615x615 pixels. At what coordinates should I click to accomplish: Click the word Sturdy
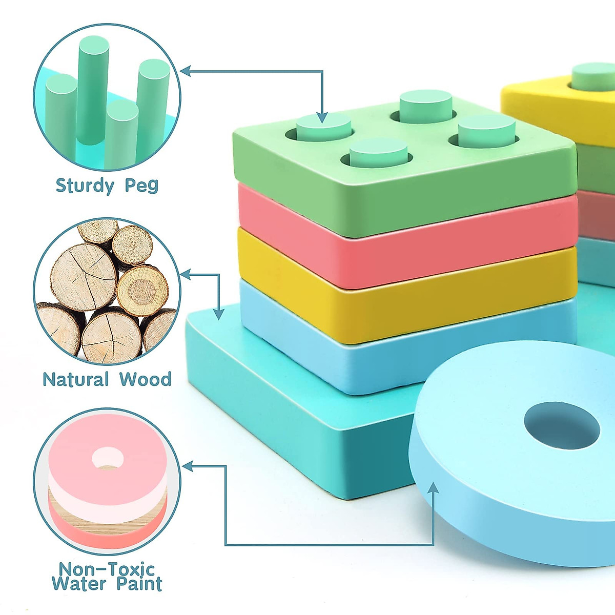click(x=84, y=185)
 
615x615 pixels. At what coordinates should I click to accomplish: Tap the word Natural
click(x=75, y=380)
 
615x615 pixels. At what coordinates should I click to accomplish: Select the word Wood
click(x=145, y=380)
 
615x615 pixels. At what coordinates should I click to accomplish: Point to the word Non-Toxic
click(x=107, y=569)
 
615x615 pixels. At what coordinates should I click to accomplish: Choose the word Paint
click(x=139, y=584)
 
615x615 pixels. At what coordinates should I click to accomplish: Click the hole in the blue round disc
click(x=561, y=425)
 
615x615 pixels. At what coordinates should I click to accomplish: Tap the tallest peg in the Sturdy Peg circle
click(x=93, y=87)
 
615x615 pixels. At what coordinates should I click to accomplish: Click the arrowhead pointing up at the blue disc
click(x=434, y=487)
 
